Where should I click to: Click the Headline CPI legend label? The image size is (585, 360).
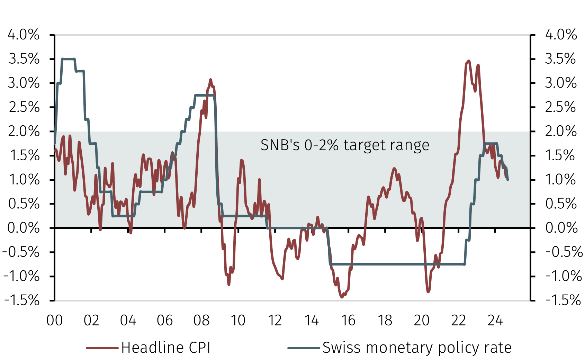[166, 348]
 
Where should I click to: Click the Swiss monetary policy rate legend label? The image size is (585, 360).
[417, 348]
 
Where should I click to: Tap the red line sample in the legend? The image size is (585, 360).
[102, 348]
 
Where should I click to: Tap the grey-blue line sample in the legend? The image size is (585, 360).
[304, 348]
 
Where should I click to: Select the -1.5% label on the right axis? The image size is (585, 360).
[563, 300]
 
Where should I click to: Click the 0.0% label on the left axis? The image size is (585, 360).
[24, 228]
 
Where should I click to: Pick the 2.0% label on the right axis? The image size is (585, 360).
[561, 131]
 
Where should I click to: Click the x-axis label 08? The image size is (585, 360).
[201, 321]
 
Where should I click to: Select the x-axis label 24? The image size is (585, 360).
[495, 321]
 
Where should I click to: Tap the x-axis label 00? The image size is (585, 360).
[55, 321]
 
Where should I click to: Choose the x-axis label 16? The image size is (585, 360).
[348, 321]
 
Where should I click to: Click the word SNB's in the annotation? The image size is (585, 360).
[280, 145]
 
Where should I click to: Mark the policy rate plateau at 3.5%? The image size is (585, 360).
[68, 59]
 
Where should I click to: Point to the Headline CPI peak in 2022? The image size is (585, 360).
[469, 61]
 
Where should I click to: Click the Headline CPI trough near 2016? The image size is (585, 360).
[342, 297]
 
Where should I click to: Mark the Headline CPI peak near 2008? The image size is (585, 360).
[210, 80]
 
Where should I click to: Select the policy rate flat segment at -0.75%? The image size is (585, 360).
[398, 264]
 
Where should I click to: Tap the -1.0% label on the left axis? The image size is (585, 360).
[21, 276]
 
